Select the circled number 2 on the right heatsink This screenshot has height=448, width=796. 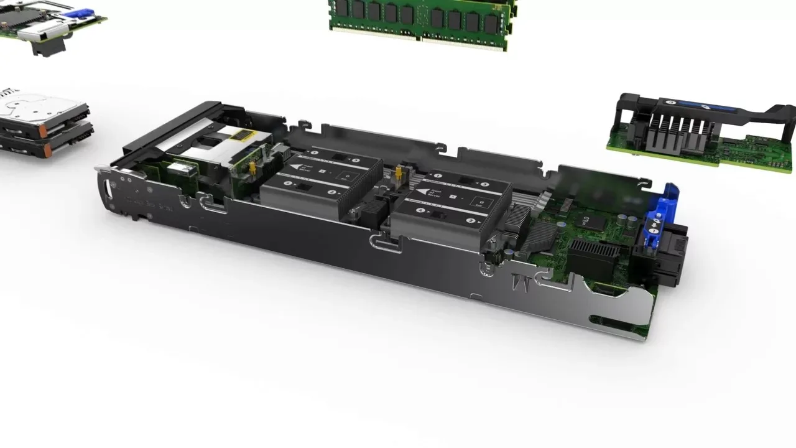coord(471,221)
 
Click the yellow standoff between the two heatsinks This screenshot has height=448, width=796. coord(397,174)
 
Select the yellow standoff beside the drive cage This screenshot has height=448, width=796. coord(253,169)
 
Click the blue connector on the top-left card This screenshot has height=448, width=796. coord(81,12)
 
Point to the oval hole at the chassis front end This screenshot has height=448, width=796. coord(112,187)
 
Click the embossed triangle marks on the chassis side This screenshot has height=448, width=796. coord(519,284)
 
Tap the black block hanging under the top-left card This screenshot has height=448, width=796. coord(47,47)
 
